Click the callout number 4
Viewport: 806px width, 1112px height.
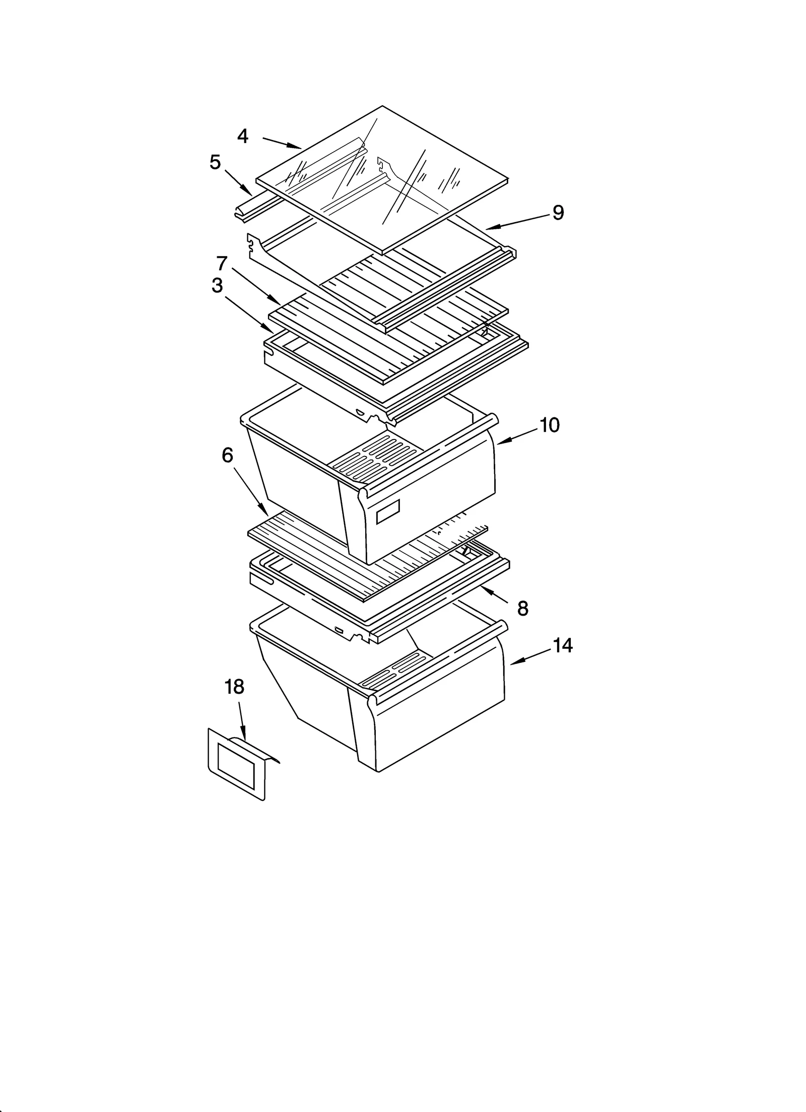pyautogui.click(x=243, y=136)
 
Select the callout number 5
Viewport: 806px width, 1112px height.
pyautogui.click(x=215, y=163)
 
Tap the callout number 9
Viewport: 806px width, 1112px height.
pyautogui.click(x=558, y=213)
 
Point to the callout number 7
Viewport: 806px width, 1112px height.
pyautogui.click(x=222, y=263)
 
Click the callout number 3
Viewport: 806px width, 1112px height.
pyautogui.click(x=217, y=285)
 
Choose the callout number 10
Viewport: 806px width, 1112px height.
pyautogui.click(x=550, y=426)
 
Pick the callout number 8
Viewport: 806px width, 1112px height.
pyautogui.click(x=523, y=609)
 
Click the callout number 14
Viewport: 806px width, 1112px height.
pyautogui.click(x=563, y=645)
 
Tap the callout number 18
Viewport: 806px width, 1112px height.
pyautogui.click(x=234, y=687)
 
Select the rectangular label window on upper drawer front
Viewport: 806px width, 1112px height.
pyautogui.click(x=388, y=511)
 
